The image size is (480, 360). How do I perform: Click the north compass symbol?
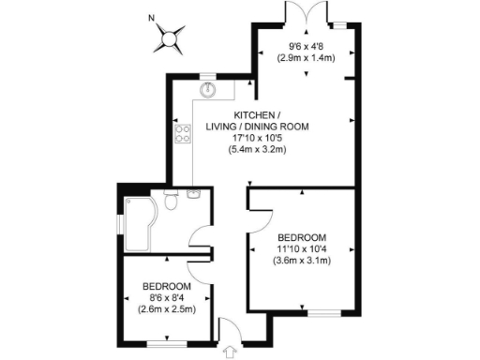click(169, 39)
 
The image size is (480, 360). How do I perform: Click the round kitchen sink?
click(207, 90)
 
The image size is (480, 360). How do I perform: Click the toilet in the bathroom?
click(171, 200)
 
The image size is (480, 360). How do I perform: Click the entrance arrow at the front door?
click(227, 330)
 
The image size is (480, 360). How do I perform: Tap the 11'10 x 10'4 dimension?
click(301, 248)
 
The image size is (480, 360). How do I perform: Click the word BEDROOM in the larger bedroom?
click(301, 236)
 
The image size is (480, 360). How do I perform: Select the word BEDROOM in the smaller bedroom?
click(166, 285)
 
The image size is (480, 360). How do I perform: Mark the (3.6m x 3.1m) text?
click(301, 261)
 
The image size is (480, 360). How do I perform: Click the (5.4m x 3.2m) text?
click(259, 151)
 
